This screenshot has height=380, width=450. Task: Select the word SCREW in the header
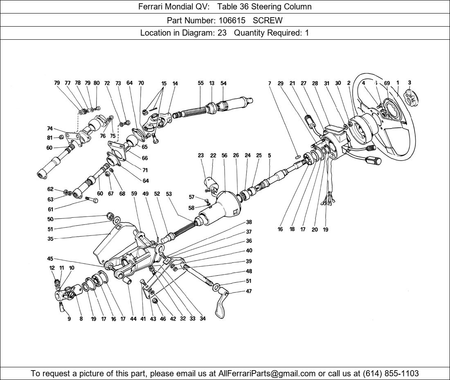268,20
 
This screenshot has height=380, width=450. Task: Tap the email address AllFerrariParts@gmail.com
267,373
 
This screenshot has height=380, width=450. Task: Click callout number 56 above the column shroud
225,156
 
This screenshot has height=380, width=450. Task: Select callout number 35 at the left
50,238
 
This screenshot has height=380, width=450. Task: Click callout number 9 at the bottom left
69,319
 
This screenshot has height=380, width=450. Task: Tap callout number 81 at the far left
50,138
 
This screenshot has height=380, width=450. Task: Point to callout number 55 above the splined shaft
200,83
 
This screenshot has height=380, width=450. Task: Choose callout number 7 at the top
270,84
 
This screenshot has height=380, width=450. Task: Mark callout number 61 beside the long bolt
50,209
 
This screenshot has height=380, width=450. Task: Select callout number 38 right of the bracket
249,222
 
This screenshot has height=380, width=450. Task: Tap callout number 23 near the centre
201,156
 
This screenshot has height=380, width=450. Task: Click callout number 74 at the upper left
50,129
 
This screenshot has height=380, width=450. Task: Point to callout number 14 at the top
175,84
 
